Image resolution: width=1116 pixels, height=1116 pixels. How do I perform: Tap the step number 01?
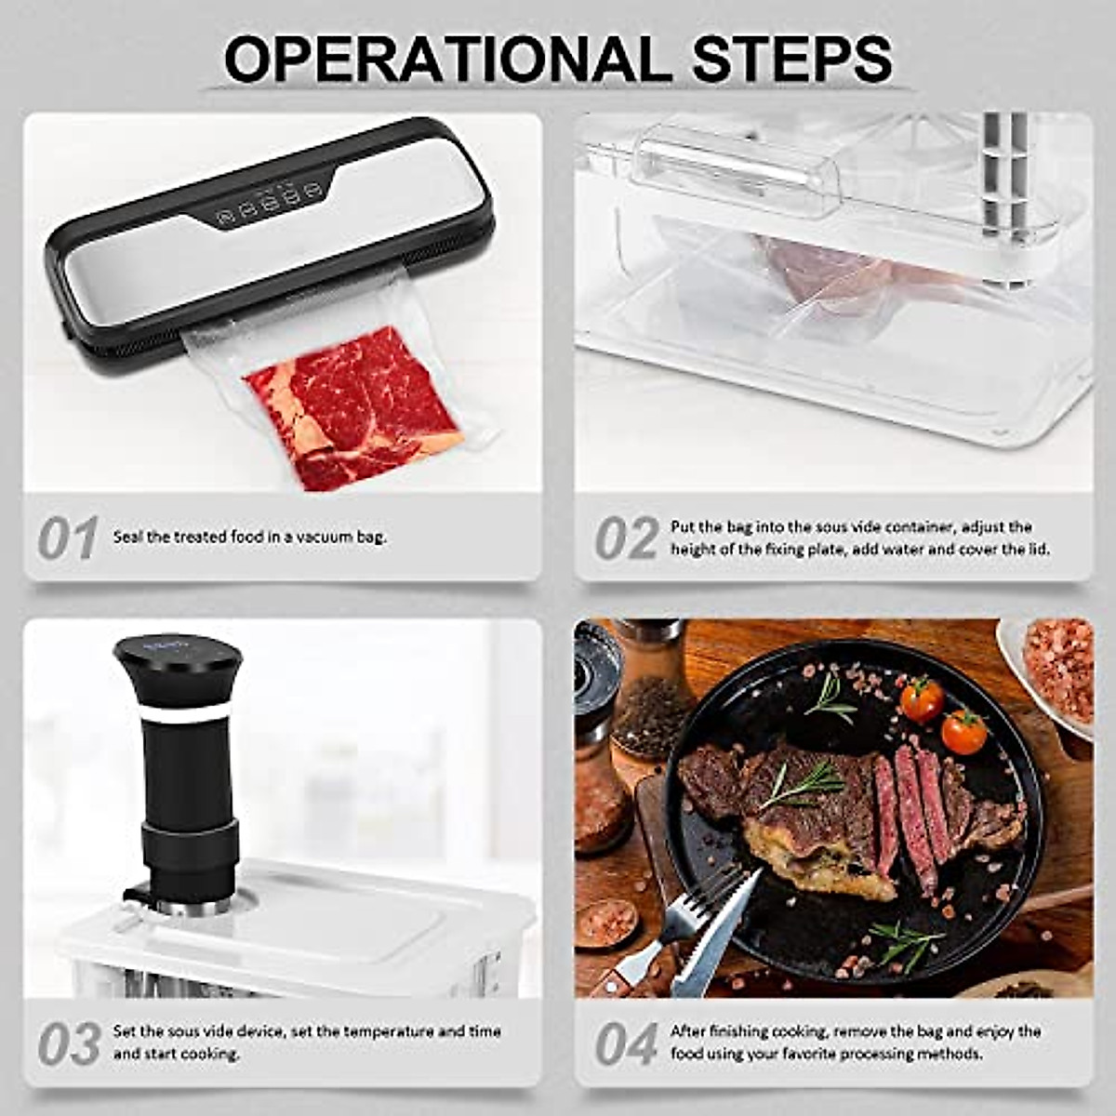click(67, 538)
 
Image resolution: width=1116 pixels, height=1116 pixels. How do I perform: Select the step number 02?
click(626, 538)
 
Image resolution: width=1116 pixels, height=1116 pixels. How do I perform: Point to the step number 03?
click(69, 1043)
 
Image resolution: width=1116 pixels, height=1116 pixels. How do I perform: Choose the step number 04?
click(626, 1043)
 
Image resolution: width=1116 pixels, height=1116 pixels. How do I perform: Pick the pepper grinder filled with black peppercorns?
click(651, 693)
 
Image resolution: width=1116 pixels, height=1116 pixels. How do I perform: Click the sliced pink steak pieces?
click(916, 809)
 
